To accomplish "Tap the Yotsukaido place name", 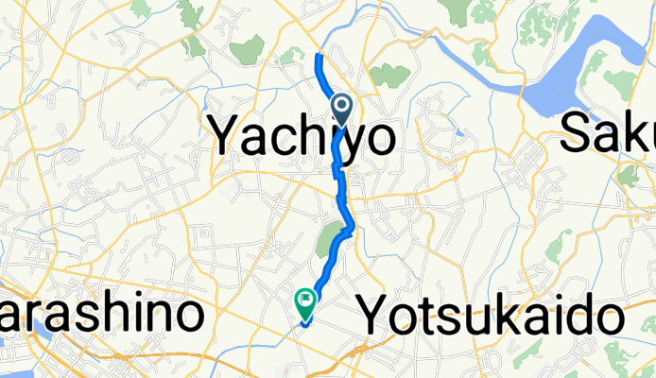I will coord(492,315).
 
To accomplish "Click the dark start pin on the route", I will coord(341,107).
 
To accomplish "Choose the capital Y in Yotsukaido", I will coord(375,314).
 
